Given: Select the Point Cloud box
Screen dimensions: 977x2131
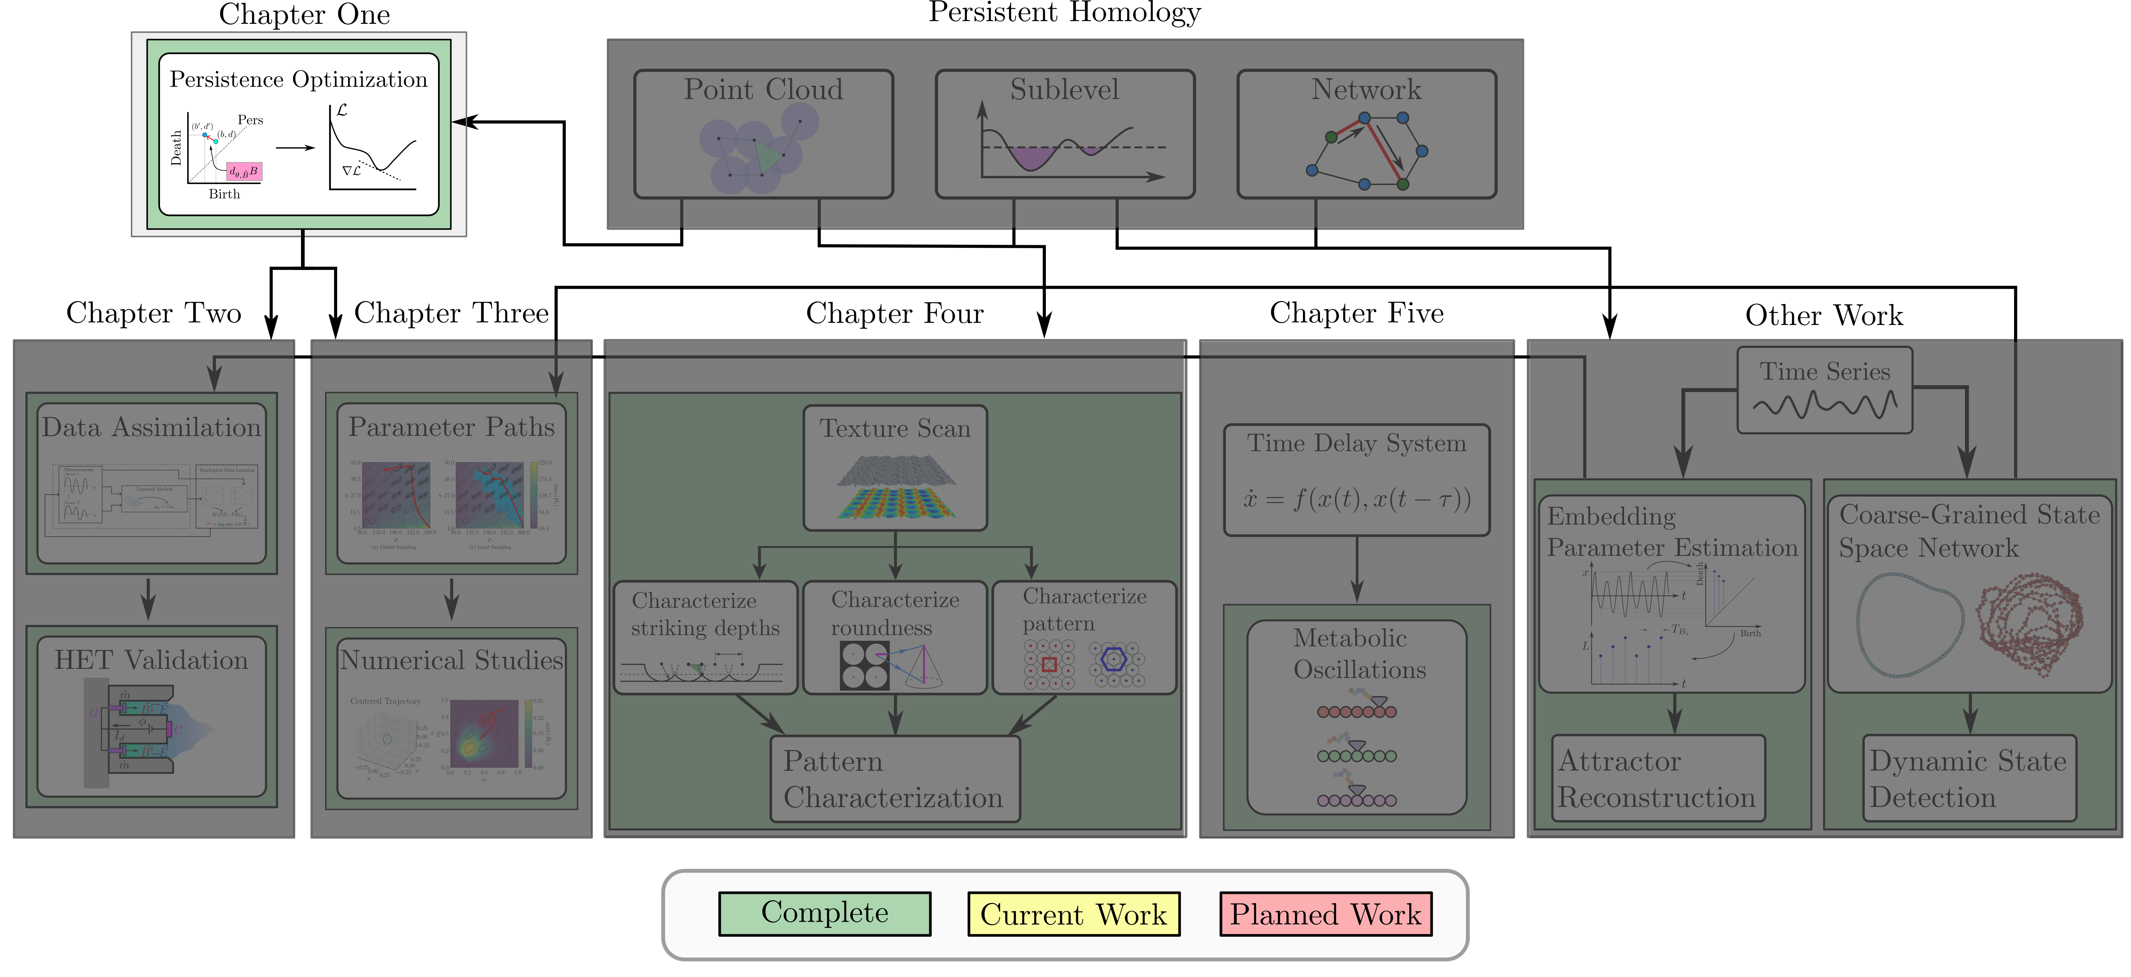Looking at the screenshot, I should (x=763, y=134).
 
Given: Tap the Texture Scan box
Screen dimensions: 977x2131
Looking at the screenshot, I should (x=895, y=467).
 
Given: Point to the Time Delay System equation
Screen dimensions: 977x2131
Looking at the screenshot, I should (x=1357, y=499).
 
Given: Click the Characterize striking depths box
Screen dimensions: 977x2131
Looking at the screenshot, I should (x=705, y=637).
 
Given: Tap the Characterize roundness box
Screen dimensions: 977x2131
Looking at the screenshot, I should (x=895, y=637).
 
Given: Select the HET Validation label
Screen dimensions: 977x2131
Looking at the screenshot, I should (x=151, y=660).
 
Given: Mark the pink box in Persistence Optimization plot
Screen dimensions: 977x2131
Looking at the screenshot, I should (x=244, y=171).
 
